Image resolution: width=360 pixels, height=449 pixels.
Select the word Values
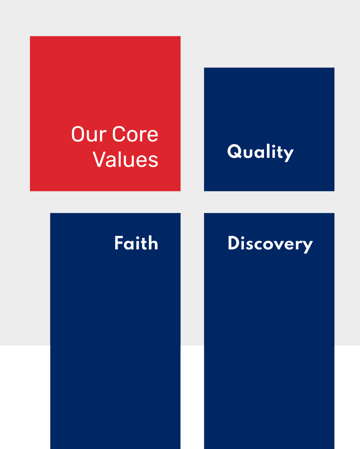126,159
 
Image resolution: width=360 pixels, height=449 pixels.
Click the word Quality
260,153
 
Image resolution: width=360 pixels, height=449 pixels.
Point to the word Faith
136,243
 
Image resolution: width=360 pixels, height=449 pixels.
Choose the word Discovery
270,244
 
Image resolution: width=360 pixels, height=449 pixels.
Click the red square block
105,114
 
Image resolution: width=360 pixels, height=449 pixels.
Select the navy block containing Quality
269,129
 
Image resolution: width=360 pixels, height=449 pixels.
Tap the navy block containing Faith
116,331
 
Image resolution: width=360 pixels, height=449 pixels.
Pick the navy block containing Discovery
269,331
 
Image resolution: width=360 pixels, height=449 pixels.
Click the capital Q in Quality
234,151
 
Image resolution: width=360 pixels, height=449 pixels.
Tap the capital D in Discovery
234,243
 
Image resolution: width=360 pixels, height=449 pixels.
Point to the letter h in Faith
153,243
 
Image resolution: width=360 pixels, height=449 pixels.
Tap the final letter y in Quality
288,155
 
